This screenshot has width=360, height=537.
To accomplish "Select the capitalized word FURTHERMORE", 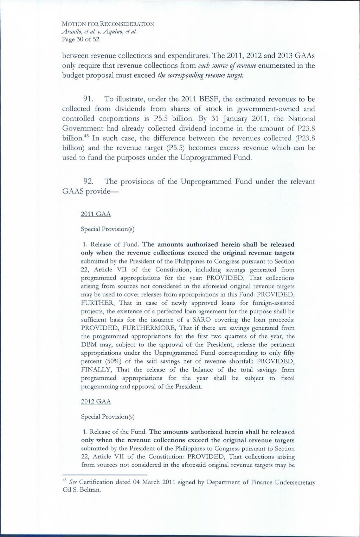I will [x=143, y=328].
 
